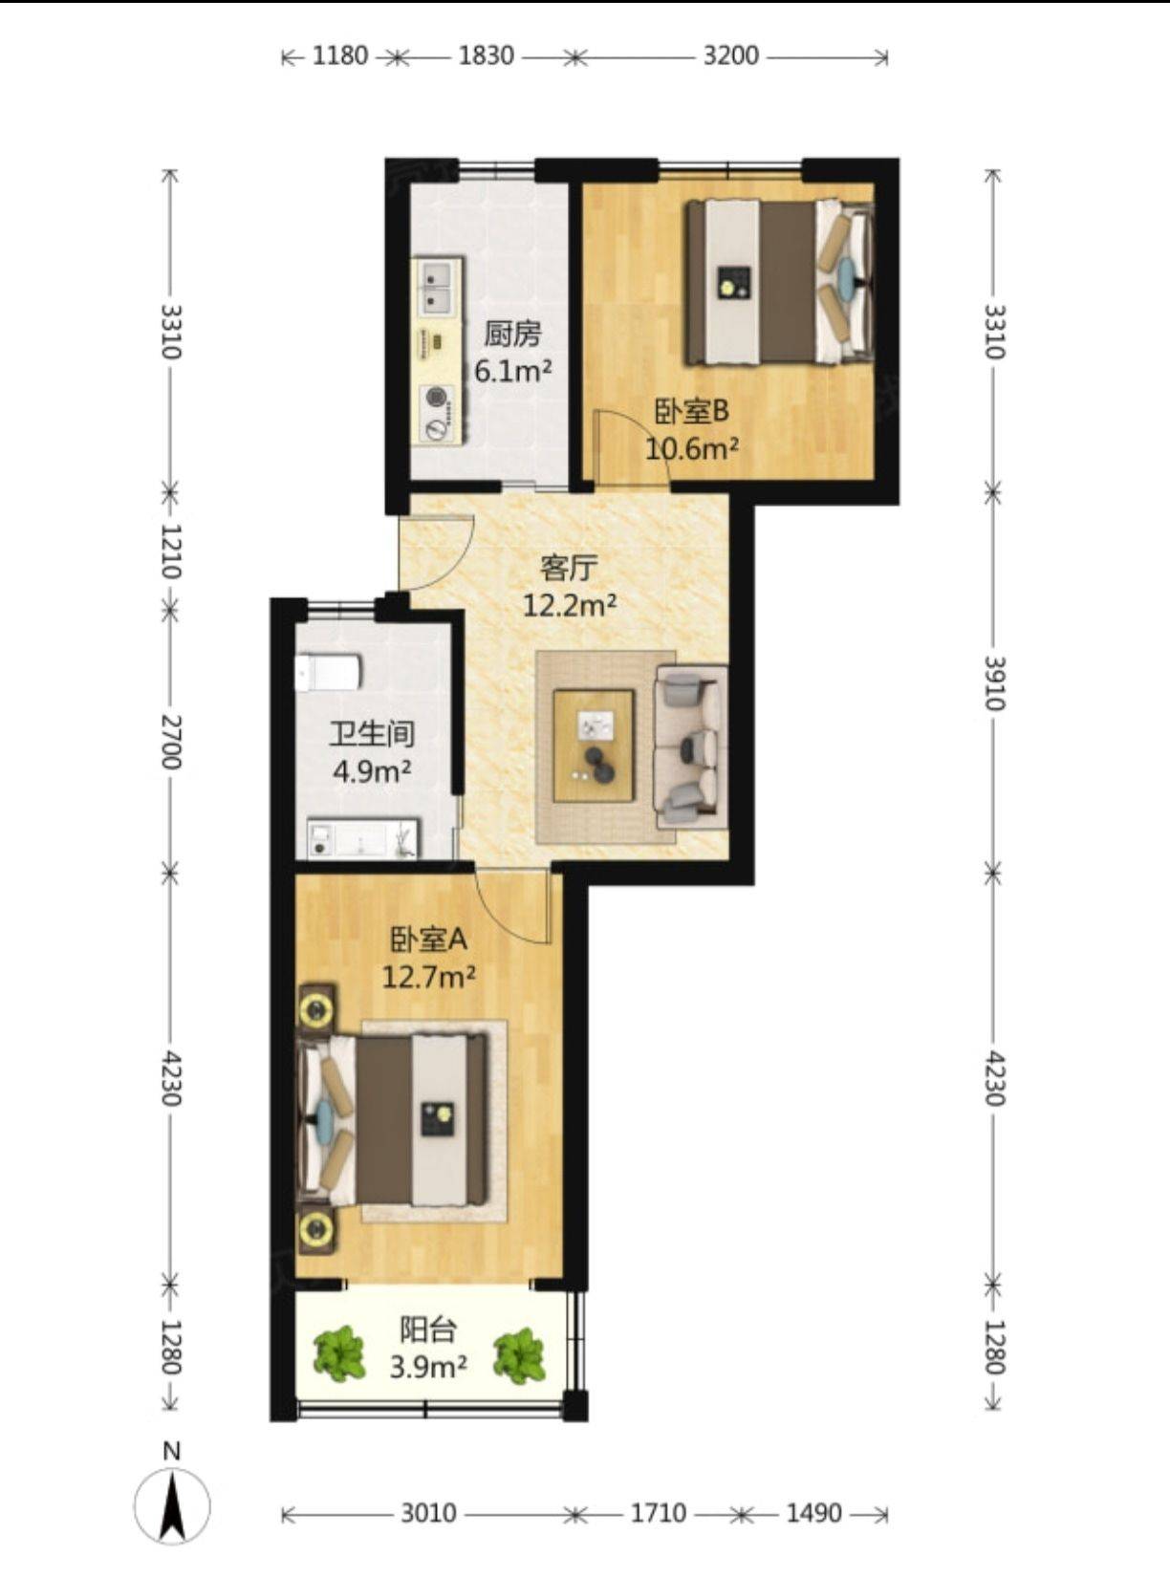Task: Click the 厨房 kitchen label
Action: point(512,334)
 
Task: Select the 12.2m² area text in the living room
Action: point(570,605)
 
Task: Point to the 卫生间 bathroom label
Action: point(372,734)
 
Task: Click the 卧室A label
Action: point(428,940)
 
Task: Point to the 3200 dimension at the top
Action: point(731,55)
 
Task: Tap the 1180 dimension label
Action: point(340,55)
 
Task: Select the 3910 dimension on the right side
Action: point(994,682)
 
